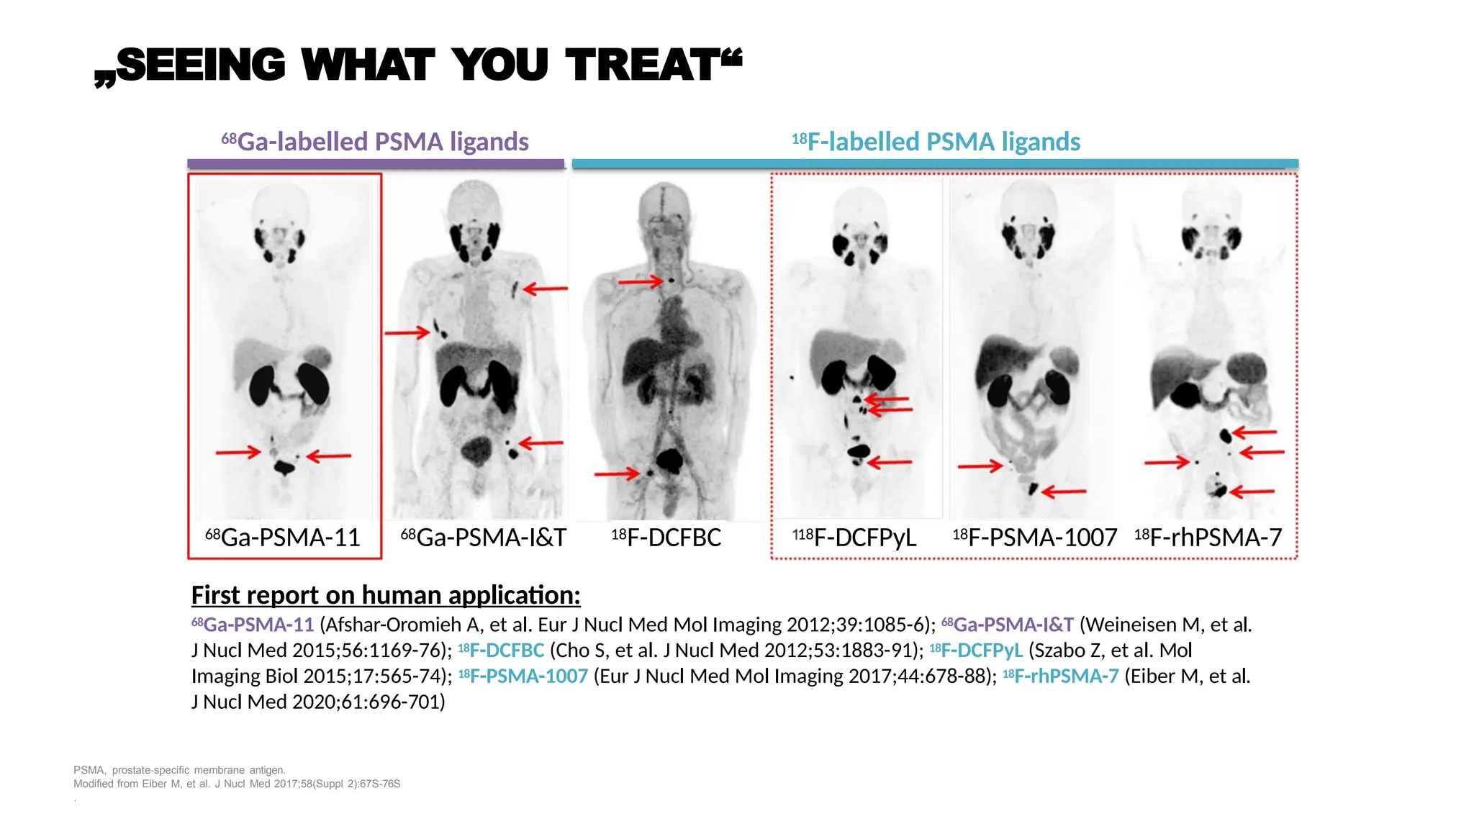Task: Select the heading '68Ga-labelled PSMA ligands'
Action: [375, 142]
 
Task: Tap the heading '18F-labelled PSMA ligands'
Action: [936, 142]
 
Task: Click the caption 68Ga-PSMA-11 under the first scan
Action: [283, 538]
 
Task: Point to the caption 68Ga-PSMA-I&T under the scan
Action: [483, 538]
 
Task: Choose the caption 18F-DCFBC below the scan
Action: [666, 538]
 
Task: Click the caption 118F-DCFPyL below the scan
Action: [854, 538]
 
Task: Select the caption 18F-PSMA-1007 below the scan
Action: [1034, 538]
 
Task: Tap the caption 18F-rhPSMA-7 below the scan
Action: [1208, 538]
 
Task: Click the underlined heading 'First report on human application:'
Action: [386, 595]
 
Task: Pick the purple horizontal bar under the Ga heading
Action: [376, 164]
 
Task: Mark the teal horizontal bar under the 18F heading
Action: [935, 164]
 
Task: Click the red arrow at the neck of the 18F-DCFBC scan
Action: [640, 281]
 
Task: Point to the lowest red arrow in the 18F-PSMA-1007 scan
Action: [1064, 492]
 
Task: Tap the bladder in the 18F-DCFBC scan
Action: [671, 459]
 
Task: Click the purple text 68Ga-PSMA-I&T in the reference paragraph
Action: [1008, 625]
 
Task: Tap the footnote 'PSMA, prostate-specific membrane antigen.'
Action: [179, 770]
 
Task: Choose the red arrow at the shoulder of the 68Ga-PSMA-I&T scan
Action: [545, 289]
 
